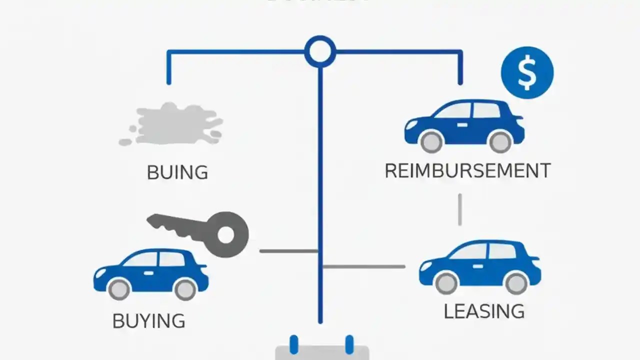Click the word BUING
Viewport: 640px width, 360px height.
177,172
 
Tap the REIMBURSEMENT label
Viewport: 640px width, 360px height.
467,171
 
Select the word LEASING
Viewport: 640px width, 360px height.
484,311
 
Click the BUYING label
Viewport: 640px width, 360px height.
148,321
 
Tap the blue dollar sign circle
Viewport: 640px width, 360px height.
527,72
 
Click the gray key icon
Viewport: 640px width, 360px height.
200,231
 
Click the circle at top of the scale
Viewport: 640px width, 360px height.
320,51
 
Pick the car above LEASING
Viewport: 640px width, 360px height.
479,265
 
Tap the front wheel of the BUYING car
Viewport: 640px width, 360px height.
119,289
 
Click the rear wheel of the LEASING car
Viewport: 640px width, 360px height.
516,283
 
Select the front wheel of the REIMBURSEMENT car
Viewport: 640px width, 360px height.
431,141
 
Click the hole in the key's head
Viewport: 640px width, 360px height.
226,234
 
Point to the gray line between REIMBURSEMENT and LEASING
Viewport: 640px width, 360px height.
460,210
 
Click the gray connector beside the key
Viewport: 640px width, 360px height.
288,250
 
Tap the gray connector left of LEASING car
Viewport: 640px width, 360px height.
364,266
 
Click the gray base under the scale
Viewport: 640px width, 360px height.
322,352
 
